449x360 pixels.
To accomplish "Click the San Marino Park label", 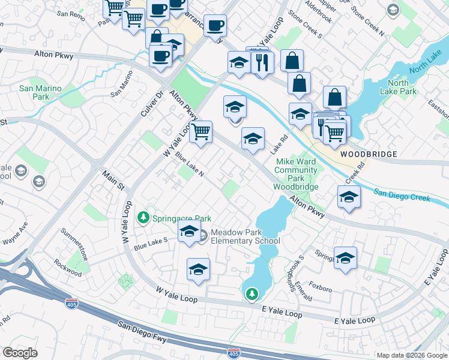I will [x=40, y=92].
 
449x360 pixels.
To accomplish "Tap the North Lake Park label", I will [x=398, y=87].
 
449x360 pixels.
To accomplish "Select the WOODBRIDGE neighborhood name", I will [x=369, y=154].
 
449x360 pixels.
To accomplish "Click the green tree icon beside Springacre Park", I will [x=143, y=217].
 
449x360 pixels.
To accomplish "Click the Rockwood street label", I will [x=67, y=268].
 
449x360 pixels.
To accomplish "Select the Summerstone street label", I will [x=75, y=244].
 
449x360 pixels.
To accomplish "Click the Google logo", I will [x=20, y=352].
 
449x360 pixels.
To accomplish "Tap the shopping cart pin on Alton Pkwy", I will [x=200, y=131].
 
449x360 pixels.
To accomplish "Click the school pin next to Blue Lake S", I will [x=189, y=230].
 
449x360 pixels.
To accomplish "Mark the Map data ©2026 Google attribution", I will [x=411, y=355].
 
